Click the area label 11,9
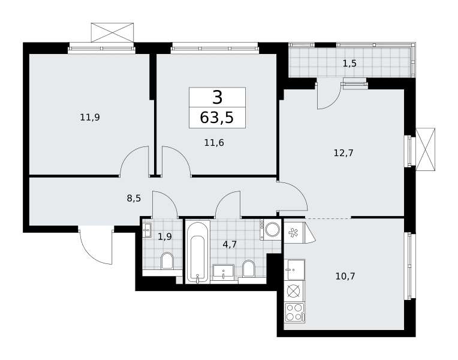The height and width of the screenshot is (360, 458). pos(90,118)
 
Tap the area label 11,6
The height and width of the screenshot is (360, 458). pos(214,143)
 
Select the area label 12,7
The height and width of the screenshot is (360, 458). pos(343,152)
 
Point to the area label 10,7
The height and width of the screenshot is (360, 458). pos(345,276)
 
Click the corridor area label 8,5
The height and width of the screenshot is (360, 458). pos(134,199)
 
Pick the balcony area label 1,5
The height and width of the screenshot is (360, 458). pos(349,63)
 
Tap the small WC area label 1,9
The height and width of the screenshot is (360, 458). pos(165,236)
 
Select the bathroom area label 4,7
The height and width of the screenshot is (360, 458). pos(230,244)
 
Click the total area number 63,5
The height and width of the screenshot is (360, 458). pos(217,118)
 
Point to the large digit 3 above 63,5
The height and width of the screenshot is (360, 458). pos(218,97)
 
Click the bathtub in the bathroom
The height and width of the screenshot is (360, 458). pos(197,252)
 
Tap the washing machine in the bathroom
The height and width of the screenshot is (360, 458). pos(270,230)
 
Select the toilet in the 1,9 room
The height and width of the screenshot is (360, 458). pos(167,260)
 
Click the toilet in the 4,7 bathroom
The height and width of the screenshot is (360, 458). pos(249,268)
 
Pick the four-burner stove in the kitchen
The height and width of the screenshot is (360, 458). pos(295,313)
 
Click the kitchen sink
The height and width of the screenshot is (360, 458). pos(295,269)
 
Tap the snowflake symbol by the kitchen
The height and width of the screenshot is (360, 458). pos(292,233)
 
